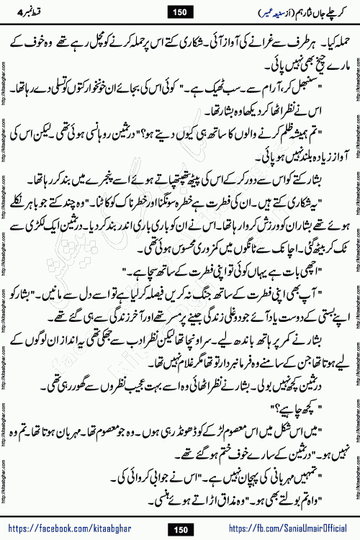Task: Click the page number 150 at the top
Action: click(x=180, y=9)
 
